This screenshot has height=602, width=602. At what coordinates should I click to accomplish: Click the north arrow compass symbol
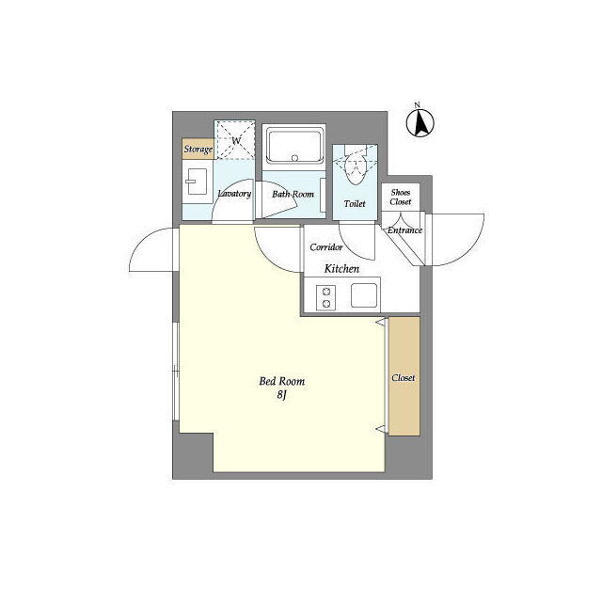point(420,123)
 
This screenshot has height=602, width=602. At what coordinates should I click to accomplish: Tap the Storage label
point(198,149)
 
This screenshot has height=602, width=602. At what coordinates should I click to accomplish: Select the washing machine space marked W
point(234,140)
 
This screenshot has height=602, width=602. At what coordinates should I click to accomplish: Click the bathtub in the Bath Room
point(294,148)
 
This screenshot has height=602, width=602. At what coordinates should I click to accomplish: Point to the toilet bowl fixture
point(356,169)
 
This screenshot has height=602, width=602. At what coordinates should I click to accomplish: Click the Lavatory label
point(234,194)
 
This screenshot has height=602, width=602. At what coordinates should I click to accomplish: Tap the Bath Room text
point(293,194)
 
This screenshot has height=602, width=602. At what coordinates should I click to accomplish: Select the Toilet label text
point(355,203)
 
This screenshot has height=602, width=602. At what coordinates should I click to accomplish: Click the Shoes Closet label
point(401,197)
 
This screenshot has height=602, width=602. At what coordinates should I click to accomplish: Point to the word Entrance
point(404,230)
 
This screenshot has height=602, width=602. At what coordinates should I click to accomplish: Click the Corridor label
point(326,246)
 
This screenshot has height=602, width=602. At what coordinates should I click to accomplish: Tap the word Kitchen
point(341,268)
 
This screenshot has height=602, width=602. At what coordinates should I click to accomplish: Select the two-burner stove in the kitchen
point(326,297)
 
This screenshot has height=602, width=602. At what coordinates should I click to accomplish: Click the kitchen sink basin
point(364,295)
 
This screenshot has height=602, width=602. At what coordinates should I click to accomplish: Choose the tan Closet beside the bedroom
point(404,376)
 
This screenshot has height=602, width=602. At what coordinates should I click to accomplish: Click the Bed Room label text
point(282,381)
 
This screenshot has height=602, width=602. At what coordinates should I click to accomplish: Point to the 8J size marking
point(282,395)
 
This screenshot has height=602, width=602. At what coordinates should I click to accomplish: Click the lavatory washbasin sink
point(197,182)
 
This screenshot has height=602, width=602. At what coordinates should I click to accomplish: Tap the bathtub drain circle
point(294,158)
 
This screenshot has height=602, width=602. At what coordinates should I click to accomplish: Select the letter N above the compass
point(418,104)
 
